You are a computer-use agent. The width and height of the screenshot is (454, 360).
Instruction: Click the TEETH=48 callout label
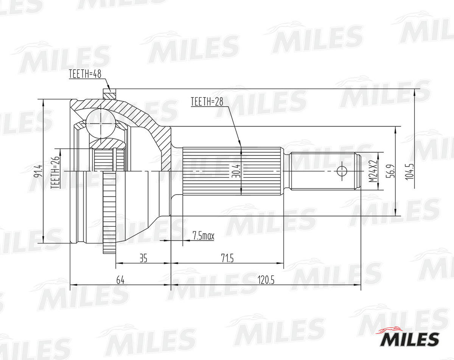click(85, 74)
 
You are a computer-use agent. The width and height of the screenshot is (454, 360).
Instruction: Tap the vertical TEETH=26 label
click(55, 172)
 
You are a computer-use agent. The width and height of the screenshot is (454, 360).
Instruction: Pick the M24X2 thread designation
click(373, 171)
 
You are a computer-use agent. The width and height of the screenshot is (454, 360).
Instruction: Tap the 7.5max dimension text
click(203, 236)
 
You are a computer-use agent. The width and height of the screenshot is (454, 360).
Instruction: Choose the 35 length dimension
click(143, 259)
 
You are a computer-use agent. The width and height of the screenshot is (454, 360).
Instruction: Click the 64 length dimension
click(120, 281)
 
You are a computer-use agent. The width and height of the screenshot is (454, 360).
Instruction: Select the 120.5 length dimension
click(266, 281)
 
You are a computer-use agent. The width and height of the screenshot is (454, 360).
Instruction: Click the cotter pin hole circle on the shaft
click(342, 171)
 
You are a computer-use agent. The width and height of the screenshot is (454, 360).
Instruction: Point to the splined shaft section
click(233, 171)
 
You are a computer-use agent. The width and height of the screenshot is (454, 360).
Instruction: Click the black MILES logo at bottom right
click(409, 338)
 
